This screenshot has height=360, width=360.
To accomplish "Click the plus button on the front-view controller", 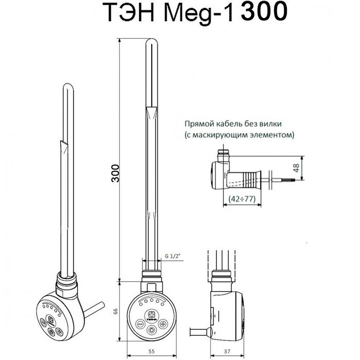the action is pos(163,324).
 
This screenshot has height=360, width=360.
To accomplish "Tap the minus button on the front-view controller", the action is pos(140,324).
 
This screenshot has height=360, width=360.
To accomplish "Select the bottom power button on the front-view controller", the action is pos(152,331).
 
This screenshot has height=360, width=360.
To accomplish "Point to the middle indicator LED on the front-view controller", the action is pos(152,300).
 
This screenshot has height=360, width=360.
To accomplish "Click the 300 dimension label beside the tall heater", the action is pos(115,173).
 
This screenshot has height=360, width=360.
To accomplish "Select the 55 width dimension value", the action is pos(152,351).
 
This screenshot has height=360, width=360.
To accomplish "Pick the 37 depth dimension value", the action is pos(227,351).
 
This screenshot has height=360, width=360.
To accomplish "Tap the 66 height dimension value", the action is pos(116,311).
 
